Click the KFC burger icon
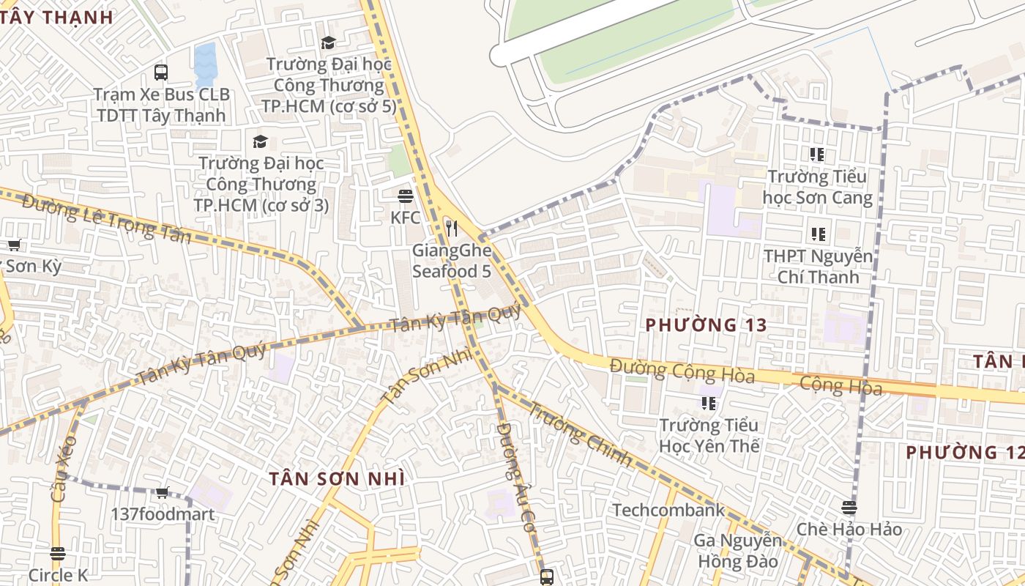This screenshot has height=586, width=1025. click(406, 196)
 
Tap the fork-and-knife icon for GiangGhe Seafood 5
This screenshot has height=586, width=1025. click(451, 229)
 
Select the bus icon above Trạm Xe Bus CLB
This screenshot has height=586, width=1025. click(161, 73)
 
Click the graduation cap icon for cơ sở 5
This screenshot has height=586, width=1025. click(328, 43)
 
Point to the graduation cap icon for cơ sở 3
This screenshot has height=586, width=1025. click(260, 141)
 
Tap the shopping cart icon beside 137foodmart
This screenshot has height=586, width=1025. click(163, 492)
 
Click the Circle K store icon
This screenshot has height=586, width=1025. click(58, 553)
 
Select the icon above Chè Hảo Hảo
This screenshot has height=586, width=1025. click(849, 507)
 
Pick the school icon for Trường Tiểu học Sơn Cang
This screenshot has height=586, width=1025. click(817, 155)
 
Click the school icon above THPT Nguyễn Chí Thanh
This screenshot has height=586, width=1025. click(818, 234)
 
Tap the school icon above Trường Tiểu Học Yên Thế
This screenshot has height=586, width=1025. click(708, 403)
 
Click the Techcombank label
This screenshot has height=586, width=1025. click(668, 510)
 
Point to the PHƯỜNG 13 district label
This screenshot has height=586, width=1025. click(706, 324)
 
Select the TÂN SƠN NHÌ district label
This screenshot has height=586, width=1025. click(336, 478)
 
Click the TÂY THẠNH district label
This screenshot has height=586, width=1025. click(56, 17)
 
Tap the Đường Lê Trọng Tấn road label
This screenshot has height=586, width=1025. click(107, 219)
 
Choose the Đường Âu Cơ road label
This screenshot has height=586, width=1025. click(515, 476)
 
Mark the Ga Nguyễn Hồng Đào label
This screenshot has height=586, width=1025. click(738, 551)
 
